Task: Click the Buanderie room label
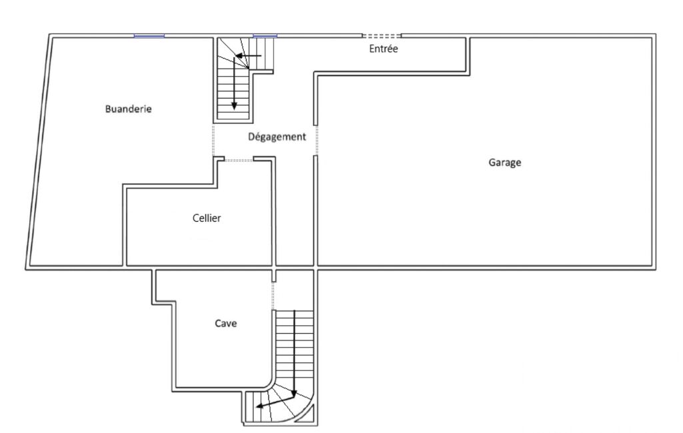click(x=128, y=109)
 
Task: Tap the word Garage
click(x=504, y=163)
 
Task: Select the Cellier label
click(x=207, y=218)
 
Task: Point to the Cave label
click(x=226, y=323)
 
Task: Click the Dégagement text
click(x=277, y=137)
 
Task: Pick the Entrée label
click(x=383, y=49)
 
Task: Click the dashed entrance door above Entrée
click(x=382, y=36)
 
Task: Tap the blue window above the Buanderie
click(x=149, y=36)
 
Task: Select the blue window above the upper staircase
click(x=265, y=36)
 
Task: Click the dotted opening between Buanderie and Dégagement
click(x=213, y=141)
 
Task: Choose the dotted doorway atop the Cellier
click(x=239, y=161)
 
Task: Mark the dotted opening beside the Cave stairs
click(x=273, y=296)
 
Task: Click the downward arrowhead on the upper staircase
click(x=234, y=106)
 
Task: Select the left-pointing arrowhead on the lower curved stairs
click(x=260, y=406)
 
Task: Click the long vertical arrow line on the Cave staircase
click(x=295, y=353)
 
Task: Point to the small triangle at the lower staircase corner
click(x=307, y=416)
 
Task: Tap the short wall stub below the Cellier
click(x=274, y=276)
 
